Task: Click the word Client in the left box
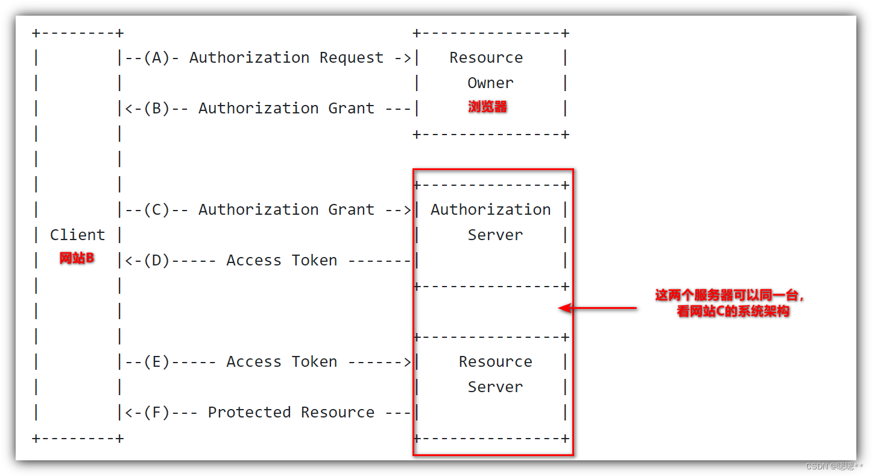pyautogui.click(x=77, y=235)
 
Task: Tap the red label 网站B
pyautogui.click(x=77, y=259)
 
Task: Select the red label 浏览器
pyautogui.click(x=488, y=107)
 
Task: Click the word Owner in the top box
pyautogui.click(x=490, y=83)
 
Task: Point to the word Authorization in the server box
pyautogui.click(x=490, y=210)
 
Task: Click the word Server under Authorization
pyautogui.click(x=495, y=235)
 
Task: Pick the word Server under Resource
pyautogui.click(x=495, y=387)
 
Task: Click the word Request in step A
pyautogui.click(x=352, y=58)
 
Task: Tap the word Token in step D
pyautogui.click(x=314, y=261)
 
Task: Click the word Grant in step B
pyautogui.click(x=352, y=109)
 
